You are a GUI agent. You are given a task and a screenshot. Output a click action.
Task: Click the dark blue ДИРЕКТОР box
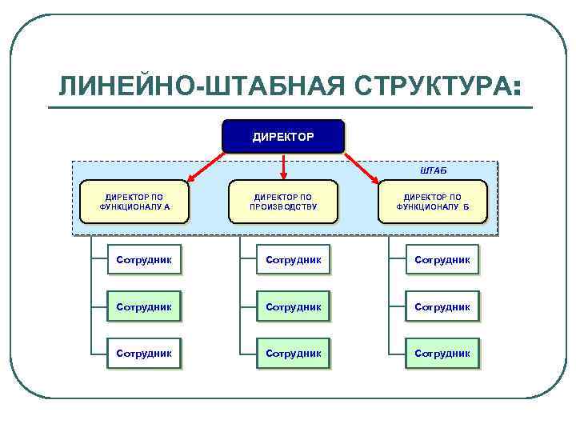(x=283, y=137)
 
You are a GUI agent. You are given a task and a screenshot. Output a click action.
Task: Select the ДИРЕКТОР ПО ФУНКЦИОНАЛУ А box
(x=134, y=201)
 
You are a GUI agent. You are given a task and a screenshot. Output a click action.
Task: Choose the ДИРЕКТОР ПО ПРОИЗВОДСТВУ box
(x=283, y=201)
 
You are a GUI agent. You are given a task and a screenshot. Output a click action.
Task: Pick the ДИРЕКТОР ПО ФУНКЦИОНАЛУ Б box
(x=432, y=201)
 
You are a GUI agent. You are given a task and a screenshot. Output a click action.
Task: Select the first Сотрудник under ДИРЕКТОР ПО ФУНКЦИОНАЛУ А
(x=144, y=260)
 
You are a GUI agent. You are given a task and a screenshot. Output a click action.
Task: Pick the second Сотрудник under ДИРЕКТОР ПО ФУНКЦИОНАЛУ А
(x=144, y=306)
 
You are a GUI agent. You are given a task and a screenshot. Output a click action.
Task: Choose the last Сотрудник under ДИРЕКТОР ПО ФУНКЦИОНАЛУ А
(x=144, y=353)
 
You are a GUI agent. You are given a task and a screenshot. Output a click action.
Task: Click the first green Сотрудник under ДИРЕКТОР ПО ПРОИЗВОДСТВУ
(x=293, y=260)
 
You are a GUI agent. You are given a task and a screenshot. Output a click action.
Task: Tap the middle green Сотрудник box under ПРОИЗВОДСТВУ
(x=293, y=306)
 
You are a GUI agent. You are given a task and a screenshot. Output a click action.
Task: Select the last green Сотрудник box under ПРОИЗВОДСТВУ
(x=293, y=353)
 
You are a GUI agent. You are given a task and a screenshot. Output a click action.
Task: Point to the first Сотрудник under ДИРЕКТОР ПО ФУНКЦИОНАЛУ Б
(x=442, y=260)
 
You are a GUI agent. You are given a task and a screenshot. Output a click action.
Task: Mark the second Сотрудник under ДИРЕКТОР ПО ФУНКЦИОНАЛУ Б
(x=442, y=306)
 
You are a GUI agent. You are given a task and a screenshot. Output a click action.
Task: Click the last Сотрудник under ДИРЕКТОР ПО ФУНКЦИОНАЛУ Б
(x=442, y=353)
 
